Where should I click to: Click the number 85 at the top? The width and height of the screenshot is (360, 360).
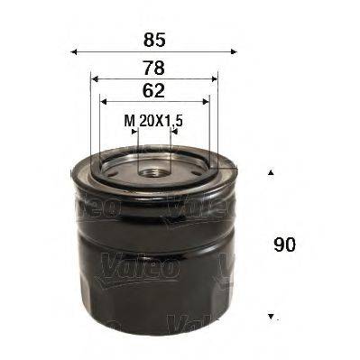(153, 39)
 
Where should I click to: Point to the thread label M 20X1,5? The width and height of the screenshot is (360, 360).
(153, 117)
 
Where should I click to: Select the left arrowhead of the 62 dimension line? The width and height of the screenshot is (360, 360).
(103, 101)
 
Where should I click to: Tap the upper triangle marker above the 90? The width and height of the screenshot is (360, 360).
(270, 171)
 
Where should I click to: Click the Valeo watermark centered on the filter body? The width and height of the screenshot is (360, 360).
(150, 263)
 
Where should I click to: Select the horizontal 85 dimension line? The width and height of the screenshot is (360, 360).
(153, 52)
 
